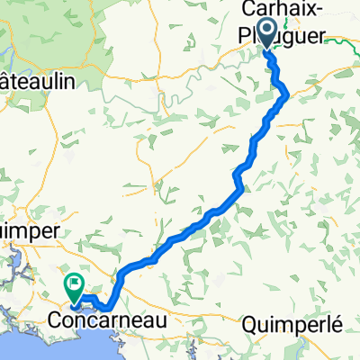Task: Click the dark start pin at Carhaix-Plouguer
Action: (x=266, y=31)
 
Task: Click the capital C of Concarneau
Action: (x=54, y=319)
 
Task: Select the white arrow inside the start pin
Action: (x=266, y=28)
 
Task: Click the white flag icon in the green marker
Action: (x=73, y=284)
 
